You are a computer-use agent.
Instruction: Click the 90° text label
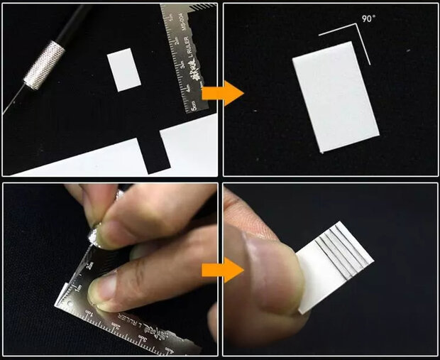368,19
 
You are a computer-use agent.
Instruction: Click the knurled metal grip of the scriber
44,63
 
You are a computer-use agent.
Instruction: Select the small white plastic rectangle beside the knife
126,70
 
